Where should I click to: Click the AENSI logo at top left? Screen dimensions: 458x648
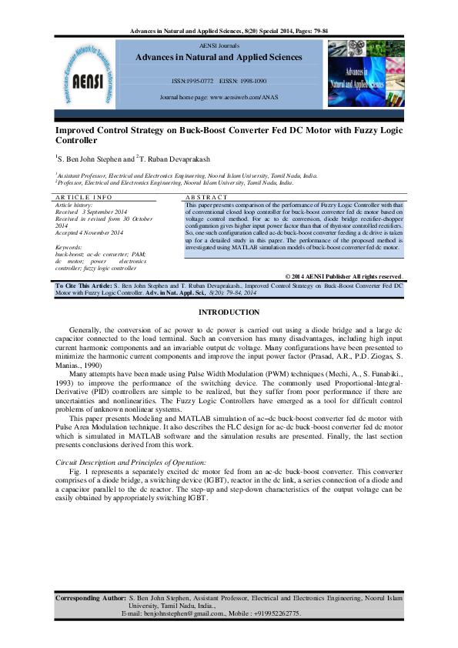pos(88,74)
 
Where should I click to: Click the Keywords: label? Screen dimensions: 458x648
pos(69,246)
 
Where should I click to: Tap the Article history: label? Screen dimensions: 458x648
pos(74,204)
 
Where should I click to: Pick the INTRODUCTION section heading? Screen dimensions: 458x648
pos(229,312)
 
